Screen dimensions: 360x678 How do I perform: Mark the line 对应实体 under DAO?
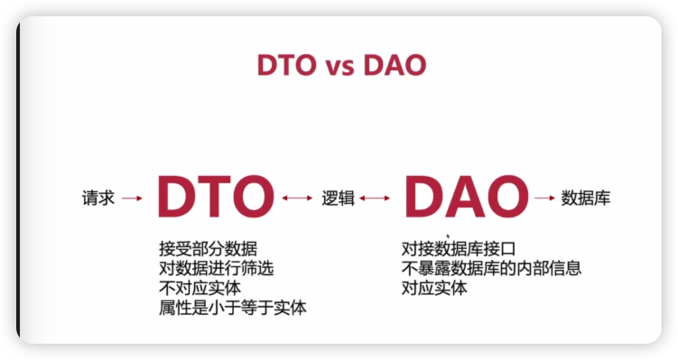tap(434, 288)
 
